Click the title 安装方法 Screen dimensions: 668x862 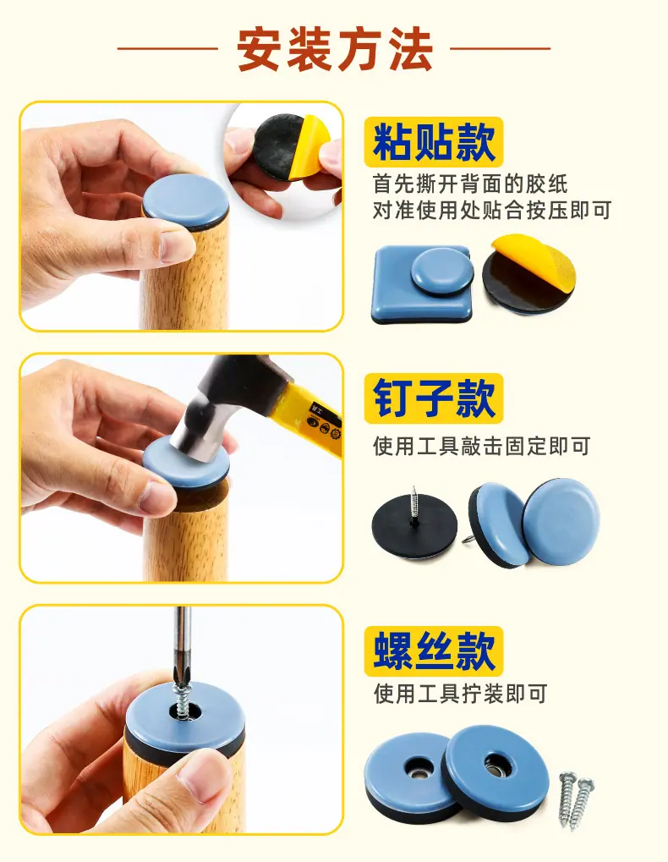tap(335, 50)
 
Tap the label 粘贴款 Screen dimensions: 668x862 tap(434, 142)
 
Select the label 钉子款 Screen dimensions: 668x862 tap(434, 398)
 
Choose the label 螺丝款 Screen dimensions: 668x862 tap(434, 651)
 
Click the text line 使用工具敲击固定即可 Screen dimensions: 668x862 tap(482, 447)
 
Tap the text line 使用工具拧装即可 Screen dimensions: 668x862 tap(460, 694)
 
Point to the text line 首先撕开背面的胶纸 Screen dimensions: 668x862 tap(470, 184)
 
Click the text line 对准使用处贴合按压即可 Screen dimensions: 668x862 tap(492, 210)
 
